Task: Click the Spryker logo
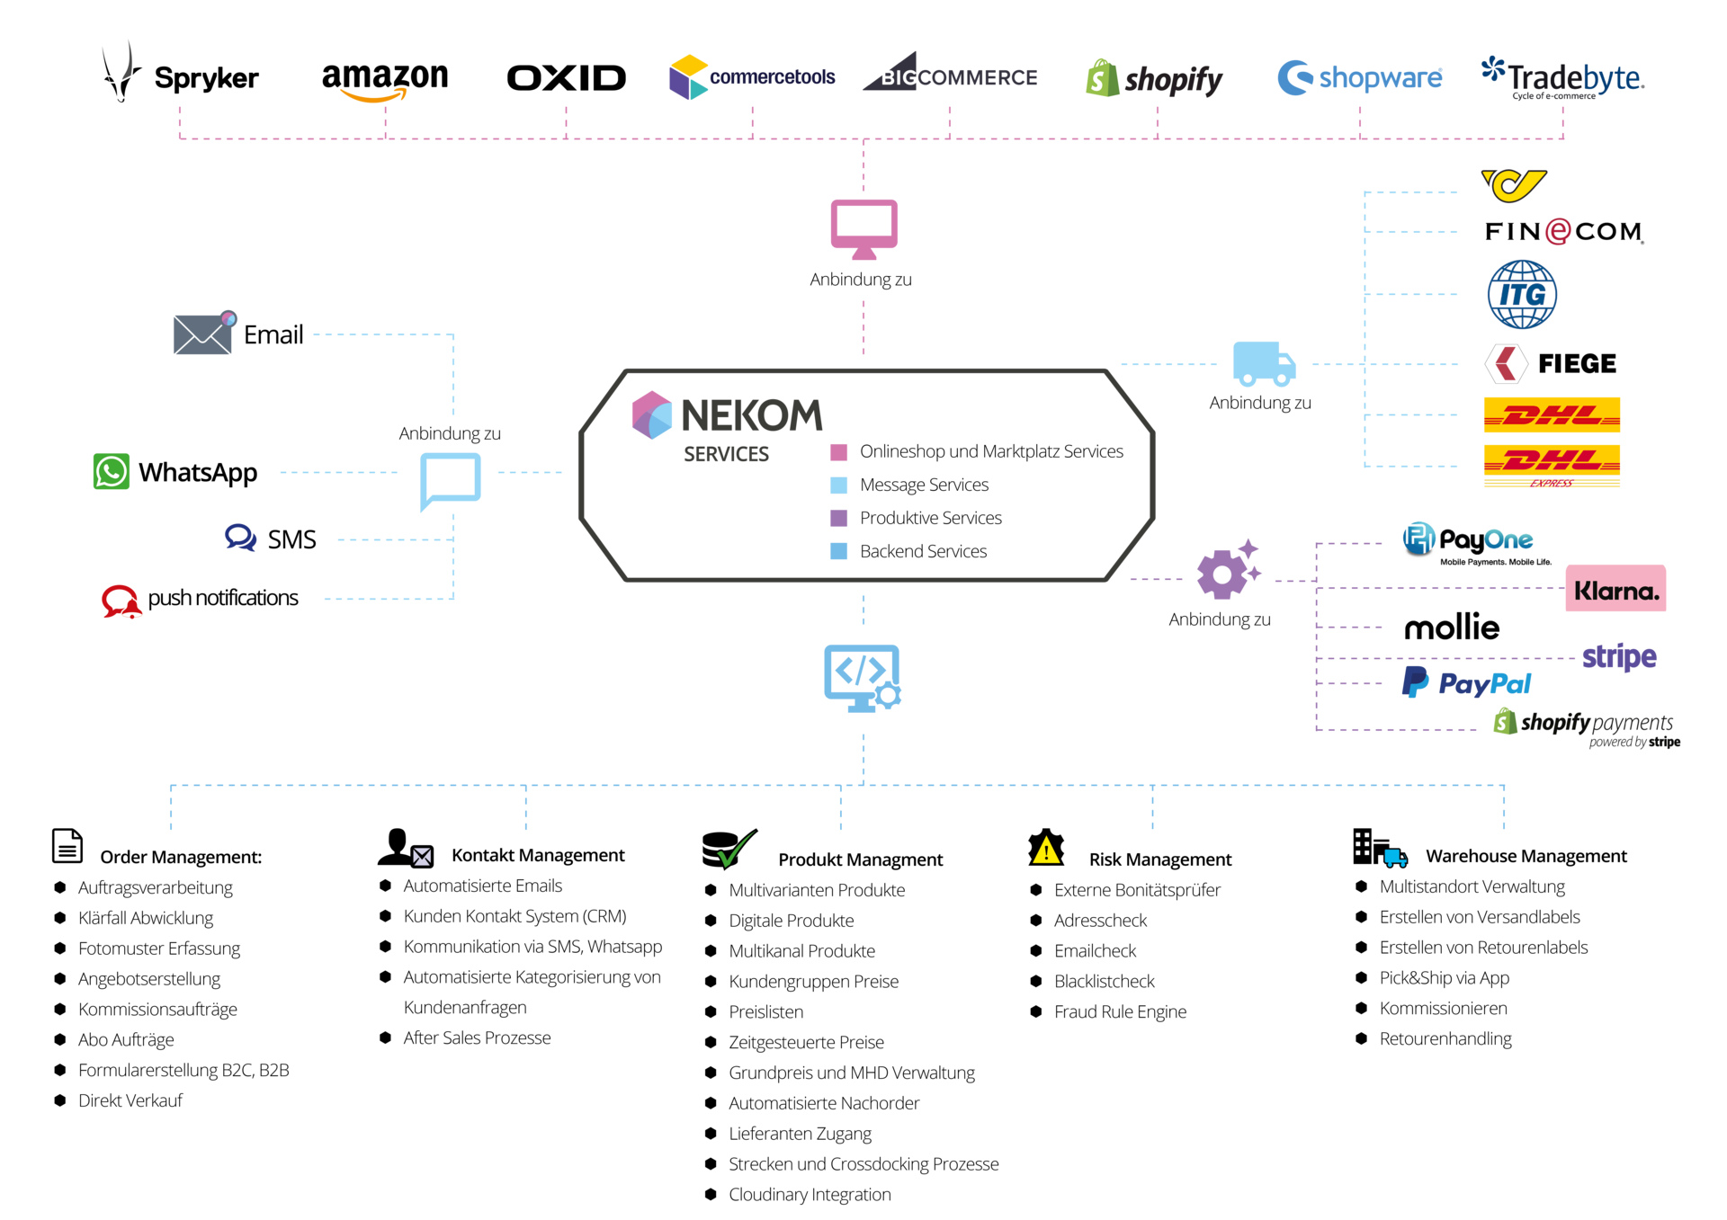tap(180, 73)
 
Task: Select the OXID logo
tap(567, 78)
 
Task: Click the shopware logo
tap(1360, 78)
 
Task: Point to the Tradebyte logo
tap(1563, 78)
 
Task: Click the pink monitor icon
tap(863, 229)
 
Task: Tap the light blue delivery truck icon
tap(1264, 363)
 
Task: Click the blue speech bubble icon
tap(450, 481)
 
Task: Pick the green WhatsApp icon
tap(112, 471)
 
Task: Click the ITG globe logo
tap(1522, 294)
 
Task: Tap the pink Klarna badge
tap(1615, 589)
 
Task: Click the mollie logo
tap(1452, 627)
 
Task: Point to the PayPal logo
tap(1466, 683)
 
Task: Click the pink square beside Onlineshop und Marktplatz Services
tap(838, 451)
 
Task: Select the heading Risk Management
tap(1160, 859)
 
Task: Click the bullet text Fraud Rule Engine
tap(1120, 1012)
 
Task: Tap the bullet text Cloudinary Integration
tap(810, 1195)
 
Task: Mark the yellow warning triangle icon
tap(1046, 847)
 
